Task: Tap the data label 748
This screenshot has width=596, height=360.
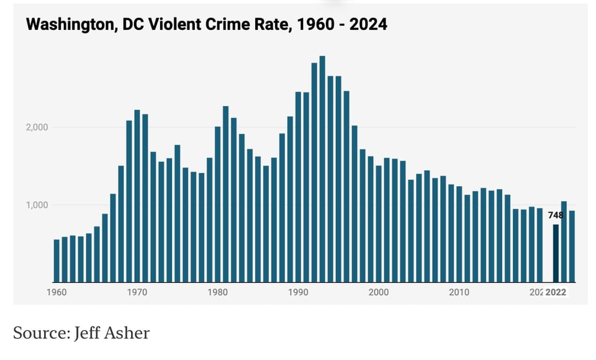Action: coord(556,215)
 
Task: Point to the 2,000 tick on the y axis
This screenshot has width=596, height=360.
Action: coord(37,127)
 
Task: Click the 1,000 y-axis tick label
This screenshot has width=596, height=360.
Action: coord(37,205)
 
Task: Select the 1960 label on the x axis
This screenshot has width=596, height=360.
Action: coord(56,292)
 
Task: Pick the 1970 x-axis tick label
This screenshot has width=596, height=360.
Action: coord(137,292)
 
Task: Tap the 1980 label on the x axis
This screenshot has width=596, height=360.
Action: coord(217,292)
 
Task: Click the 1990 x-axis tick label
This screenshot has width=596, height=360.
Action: coord(298,292)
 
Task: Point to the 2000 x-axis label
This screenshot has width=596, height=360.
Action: coord(379,292)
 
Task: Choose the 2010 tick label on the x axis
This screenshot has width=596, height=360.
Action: coord(459,292)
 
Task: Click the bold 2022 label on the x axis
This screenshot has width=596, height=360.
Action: coord(556,292)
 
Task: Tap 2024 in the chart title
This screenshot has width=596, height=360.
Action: coord(369,25)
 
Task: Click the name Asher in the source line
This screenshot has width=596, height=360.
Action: coord(129,333)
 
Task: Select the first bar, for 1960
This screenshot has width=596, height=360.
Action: coord(56,261)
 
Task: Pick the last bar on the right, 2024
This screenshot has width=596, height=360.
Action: coord(572,246)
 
